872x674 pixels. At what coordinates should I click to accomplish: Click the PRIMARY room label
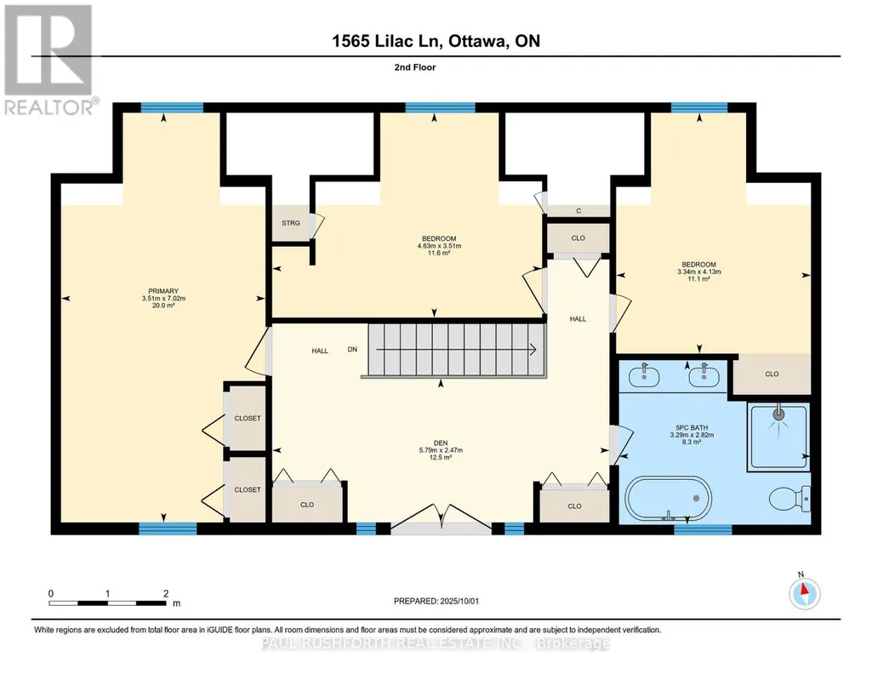pos(163,291)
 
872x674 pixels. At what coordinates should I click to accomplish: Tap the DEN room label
pos(441,443)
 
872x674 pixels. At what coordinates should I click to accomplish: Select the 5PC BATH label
pos(692,428)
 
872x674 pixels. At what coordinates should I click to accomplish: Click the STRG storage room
pos(291,223)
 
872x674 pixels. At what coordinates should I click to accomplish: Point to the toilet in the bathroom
pos(791,499)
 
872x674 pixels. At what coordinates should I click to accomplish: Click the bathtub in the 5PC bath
pos(668,499)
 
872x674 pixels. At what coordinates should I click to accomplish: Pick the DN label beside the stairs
pos(352,349)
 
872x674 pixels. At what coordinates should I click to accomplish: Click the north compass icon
pos(804,593)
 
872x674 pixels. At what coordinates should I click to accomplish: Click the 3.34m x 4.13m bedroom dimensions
pos(699,272)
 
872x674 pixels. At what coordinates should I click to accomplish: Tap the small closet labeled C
pos(578,211)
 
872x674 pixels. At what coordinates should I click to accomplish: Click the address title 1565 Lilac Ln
pos(387,41)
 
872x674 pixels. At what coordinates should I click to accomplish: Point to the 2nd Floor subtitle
pos(415,67)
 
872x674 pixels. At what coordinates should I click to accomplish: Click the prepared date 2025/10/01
pos(459,601)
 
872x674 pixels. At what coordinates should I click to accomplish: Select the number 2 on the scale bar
pos(166,593)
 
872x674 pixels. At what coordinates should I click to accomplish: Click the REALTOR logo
pos(50,60)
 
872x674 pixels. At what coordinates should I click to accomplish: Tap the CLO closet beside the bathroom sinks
pos(772,374)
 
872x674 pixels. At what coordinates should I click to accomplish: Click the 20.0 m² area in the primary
pos(163,306)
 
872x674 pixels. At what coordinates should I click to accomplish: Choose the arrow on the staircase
pos(456,350)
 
